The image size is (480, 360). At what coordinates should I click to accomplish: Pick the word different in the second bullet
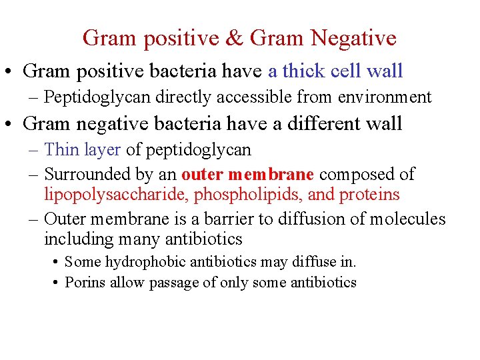(x=307, y=123)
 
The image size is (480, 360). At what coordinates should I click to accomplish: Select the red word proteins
(x=369, y=194)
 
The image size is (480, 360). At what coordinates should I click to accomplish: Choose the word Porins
(x=85, y=282)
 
